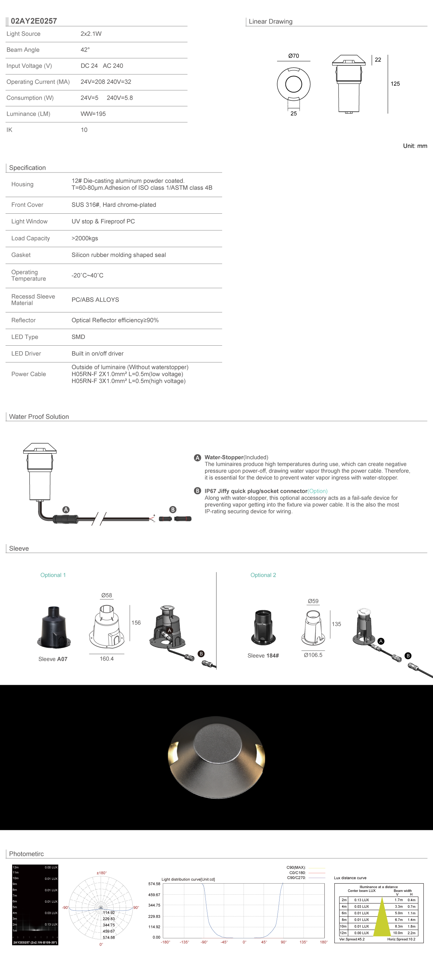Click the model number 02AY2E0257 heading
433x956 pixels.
coord(34,21)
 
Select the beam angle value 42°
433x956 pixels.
coord(85,50)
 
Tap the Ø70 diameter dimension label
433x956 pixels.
coord(293,56)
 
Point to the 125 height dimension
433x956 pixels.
coord(395,84)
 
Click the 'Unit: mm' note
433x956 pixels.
coord(415,146)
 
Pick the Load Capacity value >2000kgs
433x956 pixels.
coord(85,238)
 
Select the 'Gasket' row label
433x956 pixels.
coord(21,255)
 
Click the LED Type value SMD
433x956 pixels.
coord(78,337)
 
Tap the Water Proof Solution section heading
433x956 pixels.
coord(39,417)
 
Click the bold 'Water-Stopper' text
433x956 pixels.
coord(224,457)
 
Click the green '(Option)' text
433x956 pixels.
coord(317,491)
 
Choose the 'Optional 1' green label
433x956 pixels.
coord(53,575)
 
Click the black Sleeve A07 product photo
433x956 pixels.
coord(54,628)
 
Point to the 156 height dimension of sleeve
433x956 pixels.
coord(136,623)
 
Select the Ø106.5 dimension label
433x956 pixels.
coord(313,655)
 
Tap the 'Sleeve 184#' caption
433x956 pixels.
coord(263,656)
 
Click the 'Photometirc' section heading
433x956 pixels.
coord(26,854)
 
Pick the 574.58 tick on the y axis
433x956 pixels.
coord(154,884)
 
